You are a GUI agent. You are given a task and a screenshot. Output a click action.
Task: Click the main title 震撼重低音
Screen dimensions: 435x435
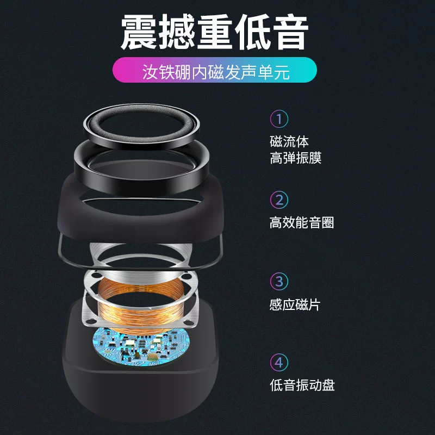click(x=214, y=32)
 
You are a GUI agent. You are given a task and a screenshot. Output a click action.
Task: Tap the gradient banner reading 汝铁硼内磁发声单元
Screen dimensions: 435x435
click(x=214, y=70)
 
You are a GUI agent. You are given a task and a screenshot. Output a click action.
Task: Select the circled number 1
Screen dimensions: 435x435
click(x=279, y=119)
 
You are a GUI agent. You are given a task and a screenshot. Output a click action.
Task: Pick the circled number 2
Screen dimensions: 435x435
click(x=279, y=200)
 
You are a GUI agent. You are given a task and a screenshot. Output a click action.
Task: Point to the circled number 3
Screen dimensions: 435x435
click(x=279, y=281)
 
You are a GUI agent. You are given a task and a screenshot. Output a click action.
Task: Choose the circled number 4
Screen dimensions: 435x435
click(x=279, y=362)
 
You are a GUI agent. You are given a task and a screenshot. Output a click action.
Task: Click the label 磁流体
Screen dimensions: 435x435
click(x=289, y=141)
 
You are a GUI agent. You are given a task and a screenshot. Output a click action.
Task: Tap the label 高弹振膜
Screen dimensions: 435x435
click(x=295, y=158)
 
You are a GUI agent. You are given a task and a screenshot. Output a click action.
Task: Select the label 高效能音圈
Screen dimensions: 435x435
click(x=302, y=222)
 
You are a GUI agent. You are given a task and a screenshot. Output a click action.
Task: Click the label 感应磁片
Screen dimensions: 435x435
click(x=295, y=304)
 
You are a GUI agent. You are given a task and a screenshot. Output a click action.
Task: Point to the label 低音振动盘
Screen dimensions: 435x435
click(x=302, y=385)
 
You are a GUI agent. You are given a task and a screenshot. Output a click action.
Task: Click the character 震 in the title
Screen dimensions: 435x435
click(x=139, y=32)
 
